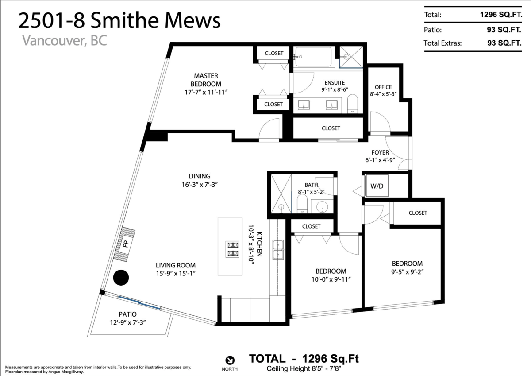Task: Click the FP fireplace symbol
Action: coord(124,244)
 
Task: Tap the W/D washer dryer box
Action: coord(377,186)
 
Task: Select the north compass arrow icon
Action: coord(230,360)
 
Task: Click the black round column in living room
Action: coord(121,278)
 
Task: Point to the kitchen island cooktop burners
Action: coord(232,249)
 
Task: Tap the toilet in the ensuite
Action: coord(353,104)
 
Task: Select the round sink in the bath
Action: coord(322,207)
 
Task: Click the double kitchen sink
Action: coord(278,250)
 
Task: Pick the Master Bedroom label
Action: coord(206,80)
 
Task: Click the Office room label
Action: coord(383,87)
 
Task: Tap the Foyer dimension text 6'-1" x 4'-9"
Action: coord(380,160)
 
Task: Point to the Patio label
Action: coord(127,314)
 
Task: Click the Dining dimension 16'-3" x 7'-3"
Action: coord(200,185)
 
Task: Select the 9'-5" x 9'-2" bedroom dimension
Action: coord(407,271)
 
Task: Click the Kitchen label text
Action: coord(260,244)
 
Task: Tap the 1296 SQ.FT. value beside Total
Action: coord(501,15)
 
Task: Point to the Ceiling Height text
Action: coord(304,368)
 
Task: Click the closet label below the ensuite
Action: coord(331,128)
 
